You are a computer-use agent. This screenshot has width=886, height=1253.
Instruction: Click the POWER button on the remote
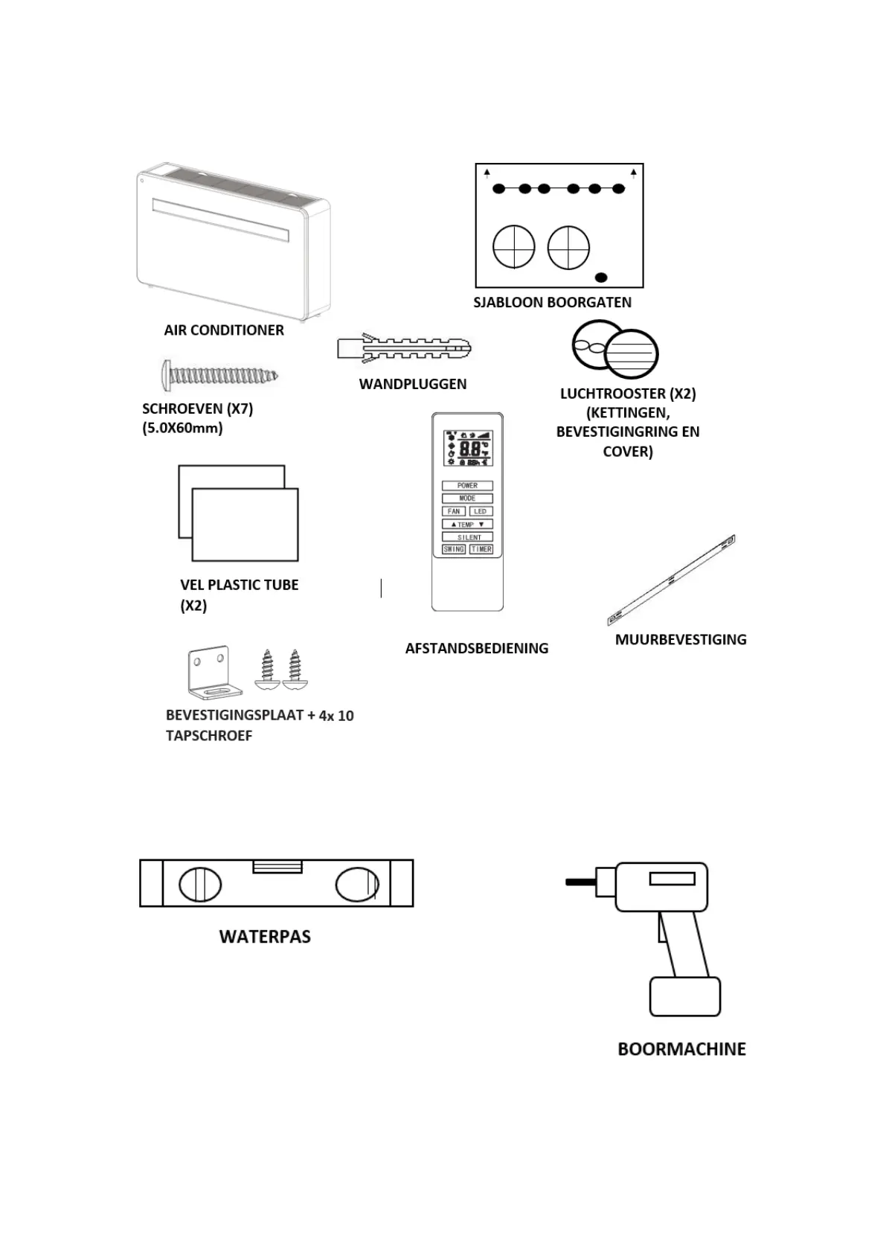[467, 485]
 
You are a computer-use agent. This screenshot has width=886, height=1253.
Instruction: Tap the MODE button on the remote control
[467, 498]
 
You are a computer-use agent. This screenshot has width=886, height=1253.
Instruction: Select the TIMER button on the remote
[481, 549]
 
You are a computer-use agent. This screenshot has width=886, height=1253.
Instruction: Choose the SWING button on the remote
[454, 549]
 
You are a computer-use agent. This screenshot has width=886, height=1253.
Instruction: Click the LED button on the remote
[480, 511]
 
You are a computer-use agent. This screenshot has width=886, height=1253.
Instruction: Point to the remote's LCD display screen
[468, 449]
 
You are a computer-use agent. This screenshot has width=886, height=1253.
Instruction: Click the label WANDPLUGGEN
[413, 384]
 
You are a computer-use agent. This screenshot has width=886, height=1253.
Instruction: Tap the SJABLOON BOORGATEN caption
[552, 302]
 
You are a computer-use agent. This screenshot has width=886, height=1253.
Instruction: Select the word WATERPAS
[265, 937]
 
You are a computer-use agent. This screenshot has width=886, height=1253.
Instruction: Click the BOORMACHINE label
[681, 1049]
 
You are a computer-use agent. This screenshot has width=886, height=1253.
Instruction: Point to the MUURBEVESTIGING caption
[681, 639]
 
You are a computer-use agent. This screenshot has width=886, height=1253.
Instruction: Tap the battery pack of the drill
[684, 996]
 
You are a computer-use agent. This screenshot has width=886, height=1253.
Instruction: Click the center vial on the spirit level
[277, 867]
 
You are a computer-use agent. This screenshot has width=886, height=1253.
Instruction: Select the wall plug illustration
[404, 348]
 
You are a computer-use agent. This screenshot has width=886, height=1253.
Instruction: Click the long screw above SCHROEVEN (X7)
[219, 374]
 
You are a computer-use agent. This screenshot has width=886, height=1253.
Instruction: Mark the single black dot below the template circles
[602, 278]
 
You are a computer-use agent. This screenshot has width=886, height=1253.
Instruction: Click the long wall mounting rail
[672, 580]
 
